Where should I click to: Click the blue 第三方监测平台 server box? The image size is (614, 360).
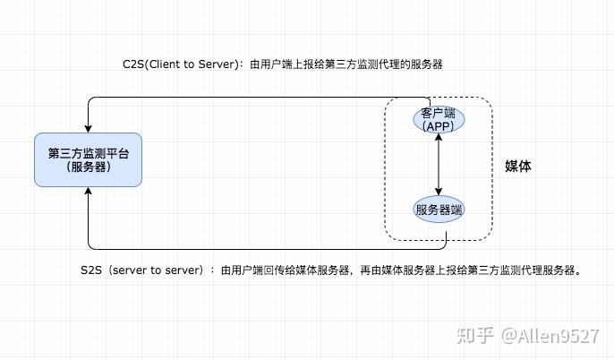(x=88, y=159)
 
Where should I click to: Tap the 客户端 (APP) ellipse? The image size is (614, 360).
(x=438, y=120)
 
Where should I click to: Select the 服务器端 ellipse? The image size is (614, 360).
(x=438, y=210)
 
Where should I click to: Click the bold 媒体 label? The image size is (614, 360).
(x=518, y=166)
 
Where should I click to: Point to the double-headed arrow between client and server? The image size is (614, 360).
(x=438, y=166)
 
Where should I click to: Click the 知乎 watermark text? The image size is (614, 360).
(x=473, y=336)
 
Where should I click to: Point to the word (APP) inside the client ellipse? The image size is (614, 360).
(x=438, y=126)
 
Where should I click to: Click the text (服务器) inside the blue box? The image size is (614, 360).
(x=88, y=167)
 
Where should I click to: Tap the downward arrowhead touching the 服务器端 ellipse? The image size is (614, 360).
(x=438, y=191)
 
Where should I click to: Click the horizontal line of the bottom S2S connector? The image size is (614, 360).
(x=260, y=248)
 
